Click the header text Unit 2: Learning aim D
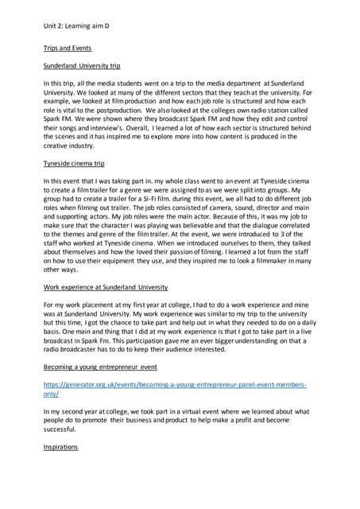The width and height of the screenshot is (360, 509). point(75,26)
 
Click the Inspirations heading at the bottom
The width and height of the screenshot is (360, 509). point(62,448)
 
